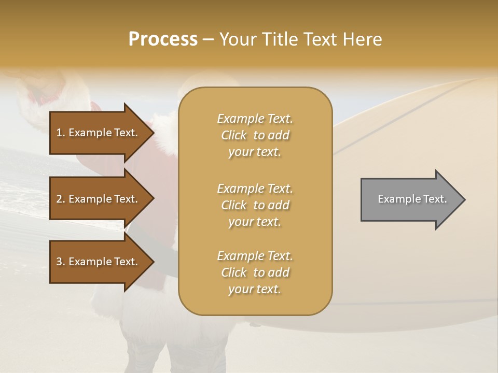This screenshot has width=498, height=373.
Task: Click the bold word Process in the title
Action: coord(163,39)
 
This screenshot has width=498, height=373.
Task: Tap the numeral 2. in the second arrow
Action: coord(60,199)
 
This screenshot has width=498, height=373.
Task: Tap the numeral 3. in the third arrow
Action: coord(60,262)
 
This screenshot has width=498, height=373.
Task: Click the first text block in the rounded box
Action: coord(255,135)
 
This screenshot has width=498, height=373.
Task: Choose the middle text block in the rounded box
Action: coord(255,205)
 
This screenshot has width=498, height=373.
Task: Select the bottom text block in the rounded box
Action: coord(255,272)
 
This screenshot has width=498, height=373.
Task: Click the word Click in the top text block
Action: coord(234,135)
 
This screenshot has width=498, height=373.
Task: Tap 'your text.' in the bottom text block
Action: coord(255,289)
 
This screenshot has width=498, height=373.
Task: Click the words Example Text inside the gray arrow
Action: coord(412,199)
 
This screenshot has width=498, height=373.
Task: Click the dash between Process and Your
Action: coord(209,39)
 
